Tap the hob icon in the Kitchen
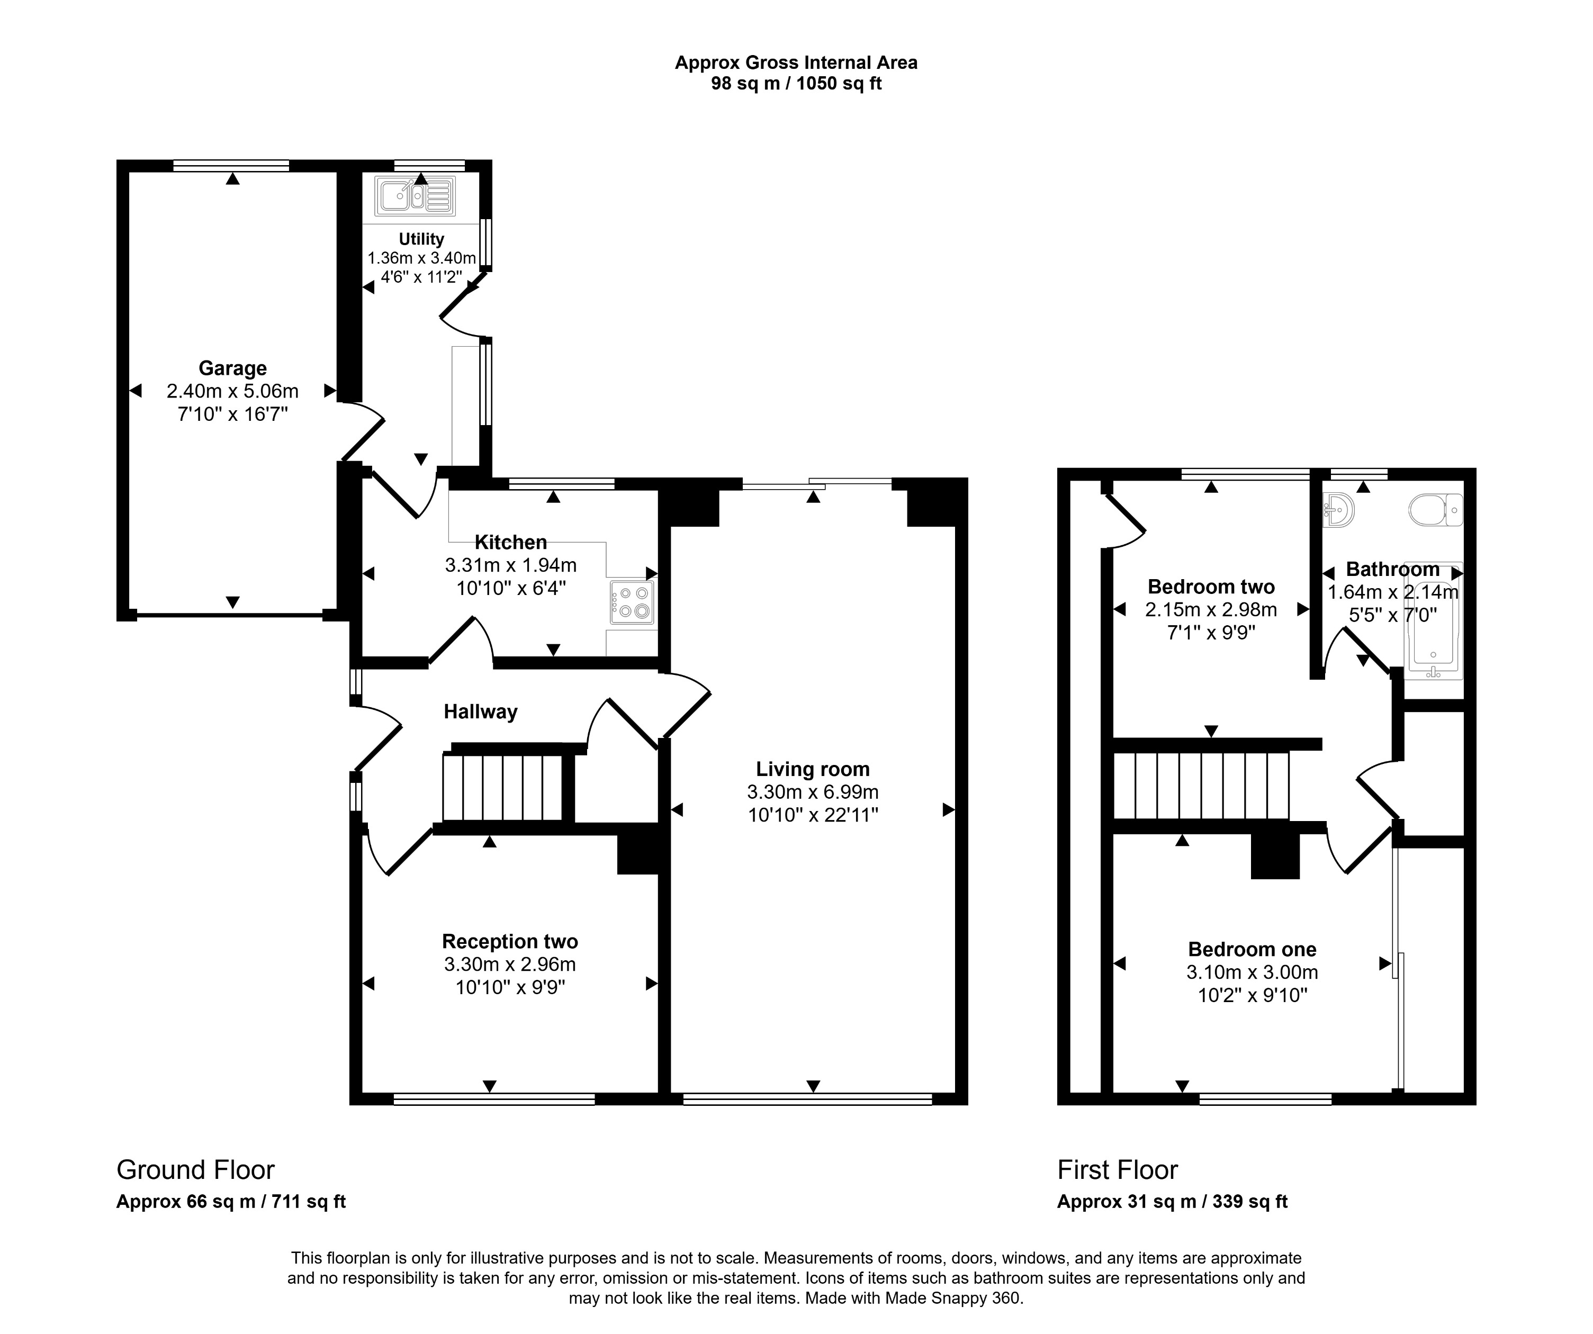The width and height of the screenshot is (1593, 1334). [633, 602]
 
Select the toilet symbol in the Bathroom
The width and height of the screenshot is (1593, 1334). [1435, 510]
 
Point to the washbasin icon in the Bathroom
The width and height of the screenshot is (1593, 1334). [1339, 510]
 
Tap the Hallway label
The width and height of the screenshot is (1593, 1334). [480, 711]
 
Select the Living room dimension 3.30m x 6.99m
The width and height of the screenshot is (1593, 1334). [813, 792]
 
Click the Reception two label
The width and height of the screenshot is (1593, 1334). [510, 941]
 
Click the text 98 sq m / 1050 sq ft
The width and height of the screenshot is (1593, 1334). [796, 84]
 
